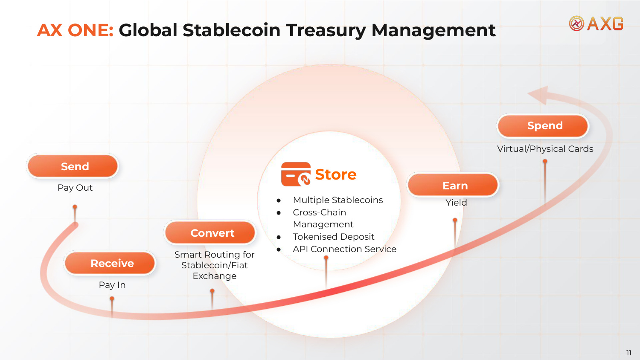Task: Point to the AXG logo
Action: tap(596, 23)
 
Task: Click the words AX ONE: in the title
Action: tap(76, 30)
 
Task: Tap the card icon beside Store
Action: tap(296, 174)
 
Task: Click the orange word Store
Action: tap(336, 174)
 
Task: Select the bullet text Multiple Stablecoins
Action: tap(338, 200)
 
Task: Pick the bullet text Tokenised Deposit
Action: tap(333, 237)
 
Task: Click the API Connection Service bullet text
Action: tap(345, 249)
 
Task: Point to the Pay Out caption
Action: tap(75, 188)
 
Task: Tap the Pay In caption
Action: tap(112, 285)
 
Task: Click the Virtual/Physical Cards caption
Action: tap(545, 149)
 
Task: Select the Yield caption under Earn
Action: tap(456, 203)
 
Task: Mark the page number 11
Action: tap(629, 353)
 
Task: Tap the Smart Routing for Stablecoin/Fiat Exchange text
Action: tap(214, 265)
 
